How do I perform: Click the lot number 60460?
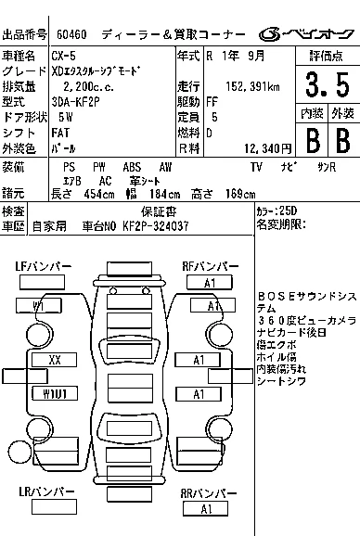pyautogui.click(x=71, y=34)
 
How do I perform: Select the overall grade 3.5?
pyautogui.click(x=328, y=84)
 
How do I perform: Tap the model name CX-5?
pyautogui.click(x=64, y=56)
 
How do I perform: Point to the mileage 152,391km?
pyautogui.click(x=252, y=87)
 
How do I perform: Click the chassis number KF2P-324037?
pyautogui.click(x=156, y=226)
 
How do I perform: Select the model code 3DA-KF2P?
pyautogui.click(x=75, y=102)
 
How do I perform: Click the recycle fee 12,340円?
pyautogui.click(x=268, y=148)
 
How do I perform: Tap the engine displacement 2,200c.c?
pyautogui.click(x=88, y=87)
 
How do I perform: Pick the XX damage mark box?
pyautogui.click(x=54, y=360)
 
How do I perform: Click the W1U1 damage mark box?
pyautogui.click(x=55, y=393)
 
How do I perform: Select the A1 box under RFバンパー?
pyautogui.click(x=210, y=283)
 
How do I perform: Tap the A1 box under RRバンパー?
pyautogui.click(x=205, y=509)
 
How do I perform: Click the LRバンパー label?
pyautogui.click(x=46, y=491)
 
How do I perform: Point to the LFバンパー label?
pyautogui.click(x=43, y=266)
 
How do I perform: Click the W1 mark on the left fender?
pyautogui.click(x=39, y=306)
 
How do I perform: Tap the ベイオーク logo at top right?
pyautogui.click(x=306, y=34)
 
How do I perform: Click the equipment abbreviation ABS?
pyautogui.click(x=132, y=167)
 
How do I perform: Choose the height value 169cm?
pyautogui.click(x=240, y=194)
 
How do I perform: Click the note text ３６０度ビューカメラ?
pyautogui.click(x=307, y=321)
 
